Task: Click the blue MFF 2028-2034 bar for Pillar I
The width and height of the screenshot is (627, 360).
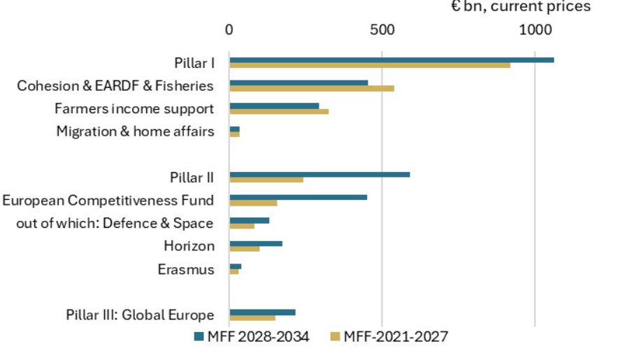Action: [x=391, y=60]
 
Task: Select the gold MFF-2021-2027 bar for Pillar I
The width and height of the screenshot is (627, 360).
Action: [x=370, y=66]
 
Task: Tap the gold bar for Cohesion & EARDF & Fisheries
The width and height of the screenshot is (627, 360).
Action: [x=312, y=89]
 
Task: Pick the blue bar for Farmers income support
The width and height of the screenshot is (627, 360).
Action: [x=274, y=106]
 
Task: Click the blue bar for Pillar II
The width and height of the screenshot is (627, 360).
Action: [x=319, y=175]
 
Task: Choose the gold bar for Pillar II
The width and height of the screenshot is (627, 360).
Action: [x=266, y=180]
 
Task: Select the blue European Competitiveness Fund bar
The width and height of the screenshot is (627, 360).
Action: [x=298, y=198]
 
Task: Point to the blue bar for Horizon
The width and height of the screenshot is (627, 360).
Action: [x=256, y=243]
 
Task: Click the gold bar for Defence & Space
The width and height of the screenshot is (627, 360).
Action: [x=242, y=226]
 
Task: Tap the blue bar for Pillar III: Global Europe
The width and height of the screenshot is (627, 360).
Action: [x=262, y=312]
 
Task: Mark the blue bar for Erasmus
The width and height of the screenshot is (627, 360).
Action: [x=236, y=266]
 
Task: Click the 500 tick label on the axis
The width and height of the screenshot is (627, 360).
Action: [x=382, y=31]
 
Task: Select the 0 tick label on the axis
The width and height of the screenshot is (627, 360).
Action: [x=229, y=31]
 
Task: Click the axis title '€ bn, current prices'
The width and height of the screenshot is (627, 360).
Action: [x=520, y=7]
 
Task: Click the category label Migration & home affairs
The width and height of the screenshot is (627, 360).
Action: [x=135, y=131]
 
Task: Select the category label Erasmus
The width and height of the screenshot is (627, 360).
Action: [x=186, y=269]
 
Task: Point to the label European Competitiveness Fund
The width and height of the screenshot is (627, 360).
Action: [x=108, y=201]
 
